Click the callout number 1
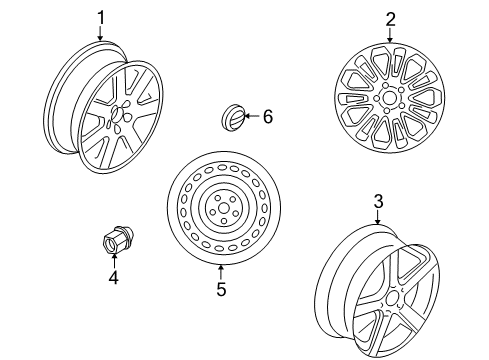[x=101, y=17]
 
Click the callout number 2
[x=389, y=18]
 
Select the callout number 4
[x=113, y=277]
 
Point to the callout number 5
[x=221, y=290]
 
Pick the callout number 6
[x=267, y=117]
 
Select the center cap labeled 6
[x=232, y=118]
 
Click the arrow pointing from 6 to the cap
[x=251, y=117]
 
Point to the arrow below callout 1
[x=101, y=34]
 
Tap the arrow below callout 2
[x=389, y=34]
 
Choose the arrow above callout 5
[x=221, y=273]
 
